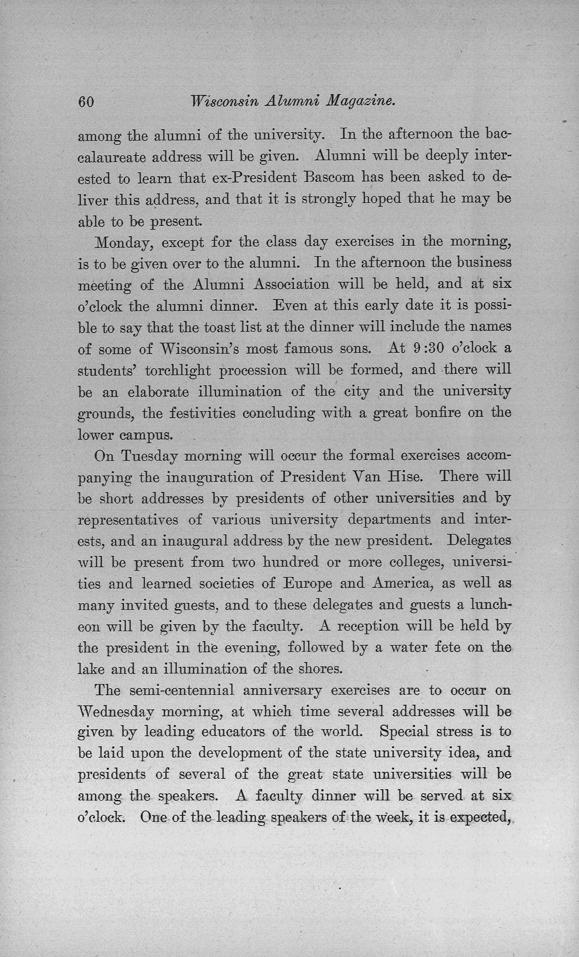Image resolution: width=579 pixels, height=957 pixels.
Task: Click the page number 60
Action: click(86, 102)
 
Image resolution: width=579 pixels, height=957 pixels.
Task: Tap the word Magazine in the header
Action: click(361, 102)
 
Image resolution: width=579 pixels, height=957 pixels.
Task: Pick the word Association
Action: click(291, 285)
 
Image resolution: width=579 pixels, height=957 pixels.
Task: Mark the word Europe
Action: click(307, 584)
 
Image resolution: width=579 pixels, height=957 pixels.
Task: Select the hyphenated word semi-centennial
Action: click(182, 690)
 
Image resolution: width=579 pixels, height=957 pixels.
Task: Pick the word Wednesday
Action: click(116, 712)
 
